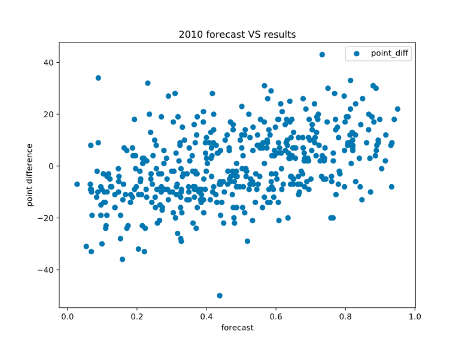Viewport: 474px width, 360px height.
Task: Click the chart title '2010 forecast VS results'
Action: click(237, 35)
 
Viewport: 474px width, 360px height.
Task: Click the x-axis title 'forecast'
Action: click(237, 328)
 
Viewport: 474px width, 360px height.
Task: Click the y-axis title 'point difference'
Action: click(29, 175)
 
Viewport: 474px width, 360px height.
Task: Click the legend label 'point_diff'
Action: click(390, 53)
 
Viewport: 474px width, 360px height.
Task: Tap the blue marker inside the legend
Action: click(357, 53)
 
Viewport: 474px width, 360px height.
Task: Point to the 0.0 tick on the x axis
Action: click(67, 316)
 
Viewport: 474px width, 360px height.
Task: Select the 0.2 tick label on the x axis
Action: click(136, 316)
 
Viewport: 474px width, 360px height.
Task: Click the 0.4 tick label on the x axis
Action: click(206, 316)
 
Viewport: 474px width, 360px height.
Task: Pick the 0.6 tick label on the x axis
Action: click(275, 316)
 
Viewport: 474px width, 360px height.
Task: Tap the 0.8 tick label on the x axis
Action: click(345, 316)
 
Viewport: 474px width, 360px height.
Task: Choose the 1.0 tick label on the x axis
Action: click(414, 316)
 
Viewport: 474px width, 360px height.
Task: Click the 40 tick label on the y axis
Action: click(48, 62)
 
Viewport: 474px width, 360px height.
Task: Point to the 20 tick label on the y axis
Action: click(48, 114)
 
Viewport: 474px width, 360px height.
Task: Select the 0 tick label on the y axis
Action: click(50, 166)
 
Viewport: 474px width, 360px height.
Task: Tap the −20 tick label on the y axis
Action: click(45, 218)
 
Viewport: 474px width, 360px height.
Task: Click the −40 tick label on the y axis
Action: click(45, 270)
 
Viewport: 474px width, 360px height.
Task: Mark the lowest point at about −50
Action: click(220, 295)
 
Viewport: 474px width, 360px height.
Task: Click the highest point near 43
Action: click(322, 54)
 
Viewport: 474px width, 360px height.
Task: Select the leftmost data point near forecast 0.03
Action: click(77, 184)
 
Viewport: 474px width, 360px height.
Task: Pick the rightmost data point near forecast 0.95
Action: click(397, 109)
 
